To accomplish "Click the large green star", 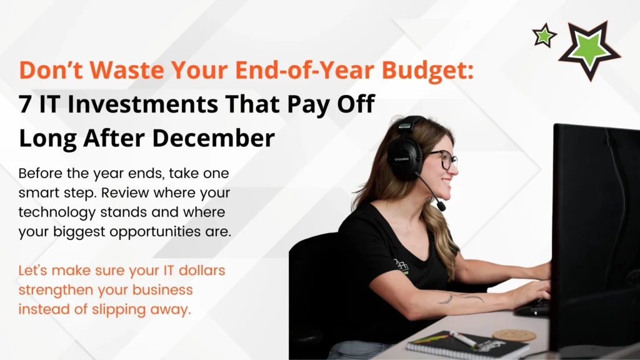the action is [x=589, y=50].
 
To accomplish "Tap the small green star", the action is [x=544, y=36].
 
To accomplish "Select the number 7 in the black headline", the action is [x=25, y=104].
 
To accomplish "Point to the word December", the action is [x=214, y=137].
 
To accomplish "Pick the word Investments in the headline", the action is [x=143, y=104].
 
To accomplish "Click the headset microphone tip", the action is [x=441, y=206].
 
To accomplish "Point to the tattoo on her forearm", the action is [x=461, y=297].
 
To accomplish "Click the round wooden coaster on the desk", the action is [x=514, y=335].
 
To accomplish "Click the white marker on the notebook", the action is [x=463, y=339].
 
